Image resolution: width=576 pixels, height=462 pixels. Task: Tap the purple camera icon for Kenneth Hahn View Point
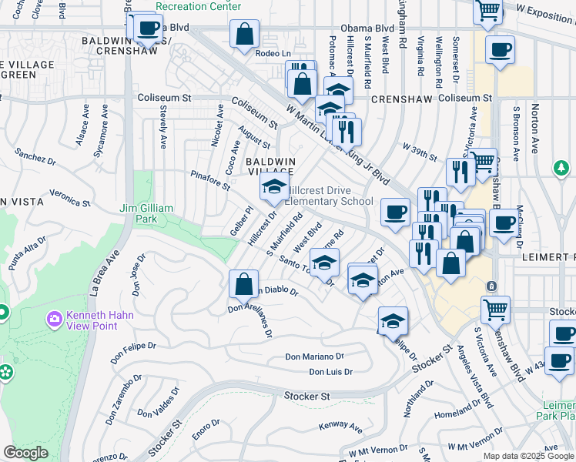pyautogui.click(x=54, y=318)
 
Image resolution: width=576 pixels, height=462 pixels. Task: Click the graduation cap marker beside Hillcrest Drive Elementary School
pyautogui.click(x=273, y=186)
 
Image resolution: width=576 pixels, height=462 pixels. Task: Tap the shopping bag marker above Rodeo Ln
pyautogui.click(x=244, y=35)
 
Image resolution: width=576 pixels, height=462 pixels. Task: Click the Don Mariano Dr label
pyautogui.click(x=314, y=357)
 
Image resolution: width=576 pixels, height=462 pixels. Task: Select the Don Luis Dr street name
pyautogui.click(x=330, y=372)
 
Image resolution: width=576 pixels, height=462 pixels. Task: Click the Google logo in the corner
pyautogui.click(x=26, y=453)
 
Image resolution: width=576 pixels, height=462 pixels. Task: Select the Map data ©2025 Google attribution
pyautogui.click(x=527, y=456)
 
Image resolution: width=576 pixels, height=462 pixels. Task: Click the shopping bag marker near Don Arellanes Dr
pyautogui.click(x=243, y=283)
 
